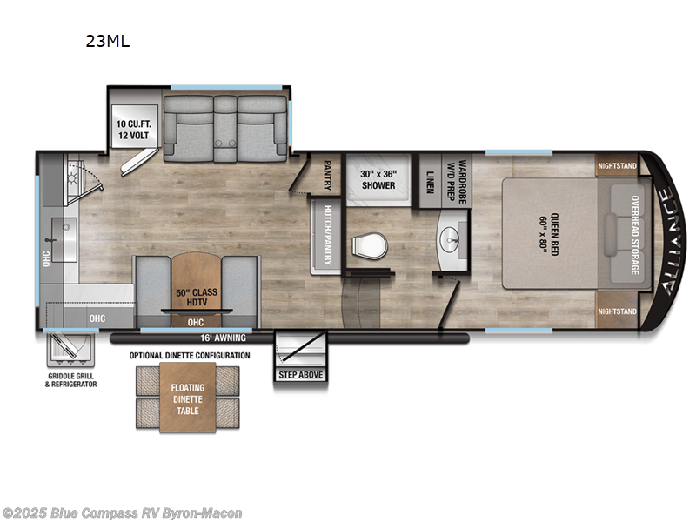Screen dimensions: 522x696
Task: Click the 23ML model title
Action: pyautogui.click(x=107, y=40)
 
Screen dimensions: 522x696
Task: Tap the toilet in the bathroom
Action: pyautogui.click(x=365, y=246)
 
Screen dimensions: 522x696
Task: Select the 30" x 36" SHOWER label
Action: pyautogui.click(x=378, y=179)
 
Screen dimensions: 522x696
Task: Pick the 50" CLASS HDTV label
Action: pyautogui.click(x=196, y=298)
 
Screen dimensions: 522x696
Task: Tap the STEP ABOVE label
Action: pyautogui.click(x=300, y=374)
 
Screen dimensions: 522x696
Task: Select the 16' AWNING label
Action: pyautogui.click(x=224, y=338)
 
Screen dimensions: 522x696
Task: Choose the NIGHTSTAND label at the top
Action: pyautogui.click(x=618, y=165)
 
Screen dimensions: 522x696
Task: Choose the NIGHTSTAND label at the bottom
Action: pyautogui.click(x=618, y=311)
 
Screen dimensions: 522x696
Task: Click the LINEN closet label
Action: pyautogui.click(x=430, y=180)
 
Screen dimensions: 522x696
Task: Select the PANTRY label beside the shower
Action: pyautogui.click(x=328, y=174)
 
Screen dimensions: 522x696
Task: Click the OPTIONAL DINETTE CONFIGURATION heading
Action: pyautogui.click(x=190, y=356)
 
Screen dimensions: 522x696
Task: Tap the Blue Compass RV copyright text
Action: pyautogui.click(x=123, y=513)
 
